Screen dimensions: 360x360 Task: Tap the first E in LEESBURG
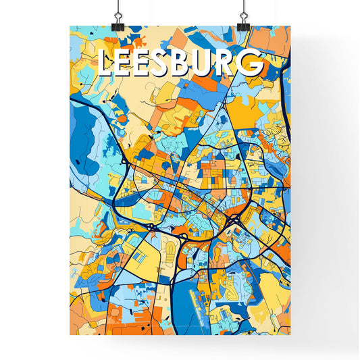pyautogui.click(x=126, y=63)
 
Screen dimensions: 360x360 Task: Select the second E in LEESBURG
pyautogui.click(x=147, y=63)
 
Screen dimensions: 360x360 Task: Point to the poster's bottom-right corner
pyautogui.click(x=290, y=334)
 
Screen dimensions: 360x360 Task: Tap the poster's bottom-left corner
pyautogui.click(x=70, y=334)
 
